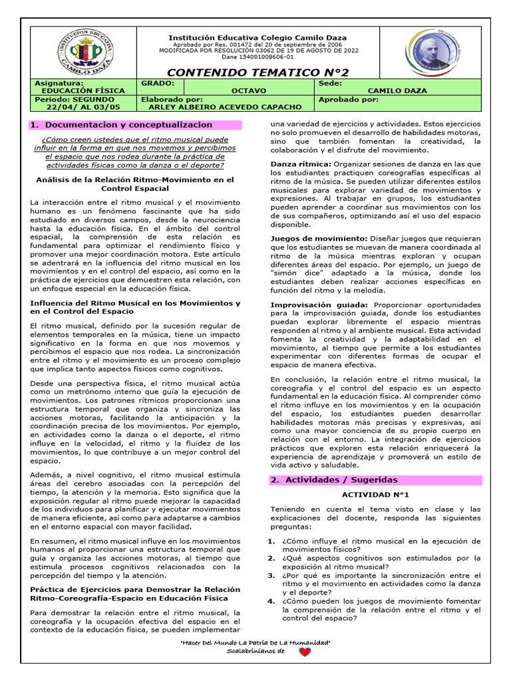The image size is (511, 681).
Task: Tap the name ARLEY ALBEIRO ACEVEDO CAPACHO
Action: click(x=226, y=106)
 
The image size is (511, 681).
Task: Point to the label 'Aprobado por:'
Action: click(x=349, y=99)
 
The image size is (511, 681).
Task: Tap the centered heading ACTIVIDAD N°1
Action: click(x=375, y=495)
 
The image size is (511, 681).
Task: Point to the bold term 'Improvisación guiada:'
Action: click(x=319, y=305)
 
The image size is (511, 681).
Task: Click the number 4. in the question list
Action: click(x=271, y=601)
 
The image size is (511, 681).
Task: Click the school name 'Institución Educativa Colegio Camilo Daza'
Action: click(x=257, y=38)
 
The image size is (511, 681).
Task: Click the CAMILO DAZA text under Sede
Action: click(x=397, y=90)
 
